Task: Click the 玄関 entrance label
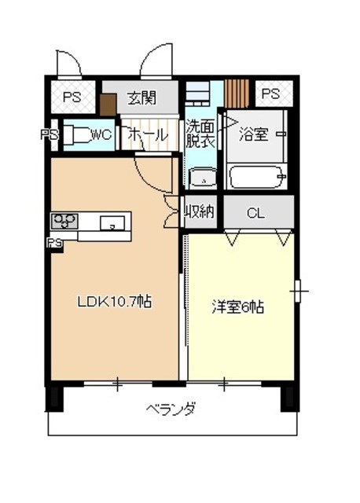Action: pyautogui.click(x=141, y=97)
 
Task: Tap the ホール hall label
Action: pyautogui.click(x=149, y=135)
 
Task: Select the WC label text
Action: pyautogui.click(x=101, y=134)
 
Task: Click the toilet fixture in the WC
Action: pyautogui.click(x=77, y=135)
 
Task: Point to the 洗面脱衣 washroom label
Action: pyautogui.click(x=200, y=134)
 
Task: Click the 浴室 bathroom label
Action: pyautogui.click(x=254, y=134)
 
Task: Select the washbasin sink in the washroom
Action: pyautogui.click(x=203, y=178)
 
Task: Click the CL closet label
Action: pyautogui.click(x=256, y=213)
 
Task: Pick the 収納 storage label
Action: pyautogui.click(x=200, y=211)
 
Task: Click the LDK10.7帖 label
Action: pyautogui.click(x=115, y=302)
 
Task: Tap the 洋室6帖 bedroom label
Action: pyautogui.click(x=238, y=307)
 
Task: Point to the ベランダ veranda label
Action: pyautogui.click(x=171, y=409)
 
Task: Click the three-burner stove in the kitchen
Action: pyautogui.click(x=64, y=221)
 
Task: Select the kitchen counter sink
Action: pyautogui.click(x=112, y=223)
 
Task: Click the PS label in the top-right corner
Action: pyautogui.click(x=271, y=94)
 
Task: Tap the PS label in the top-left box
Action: pyautogui.click(x=72, y=97)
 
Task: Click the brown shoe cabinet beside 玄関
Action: pyautogui.click(x=108, y=105)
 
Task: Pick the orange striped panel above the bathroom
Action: pyautogui.click(x=237, y=94)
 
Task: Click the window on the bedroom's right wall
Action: pyautogui.click(x=297, y=291)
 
